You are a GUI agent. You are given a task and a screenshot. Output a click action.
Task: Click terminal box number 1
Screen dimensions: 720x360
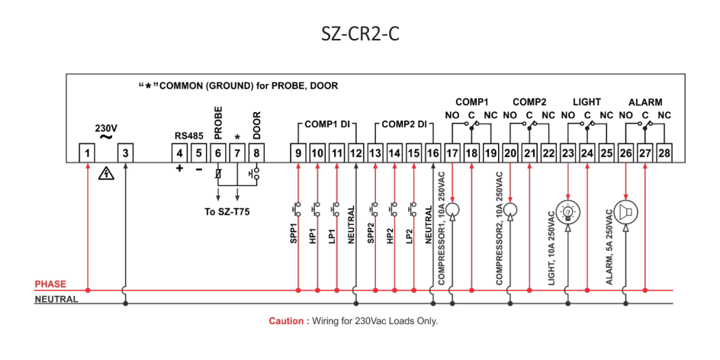pyautogui.click(x=87, y=153)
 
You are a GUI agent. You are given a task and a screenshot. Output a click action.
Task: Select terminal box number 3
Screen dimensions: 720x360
pyautogui.click(x=125, y=153)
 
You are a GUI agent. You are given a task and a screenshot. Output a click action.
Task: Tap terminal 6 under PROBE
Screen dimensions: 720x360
pyautogui.click(x=217, y=153)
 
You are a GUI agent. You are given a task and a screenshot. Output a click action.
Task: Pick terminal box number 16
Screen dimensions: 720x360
pyautogui.click(x=433, y=153)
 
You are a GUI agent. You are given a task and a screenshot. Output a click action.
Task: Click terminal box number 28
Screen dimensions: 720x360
pyautogui.click(x=664, y=153)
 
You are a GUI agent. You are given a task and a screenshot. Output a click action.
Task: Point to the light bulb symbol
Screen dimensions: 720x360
pyautogui.click(x=567, y=211)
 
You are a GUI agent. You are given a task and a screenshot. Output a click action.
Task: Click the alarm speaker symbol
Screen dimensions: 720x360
pyautogui.click(x=625, y=212)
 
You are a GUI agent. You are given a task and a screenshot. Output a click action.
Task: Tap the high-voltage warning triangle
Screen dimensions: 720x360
pyautogui.click(x=107, y=174)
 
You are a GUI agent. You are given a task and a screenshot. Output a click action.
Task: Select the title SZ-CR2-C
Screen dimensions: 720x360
pyautogui.click(x=360, y=35)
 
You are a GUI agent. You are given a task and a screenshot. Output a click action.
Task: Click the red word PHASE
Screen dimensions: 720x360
pyautogui.click(x=50, y=284)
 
